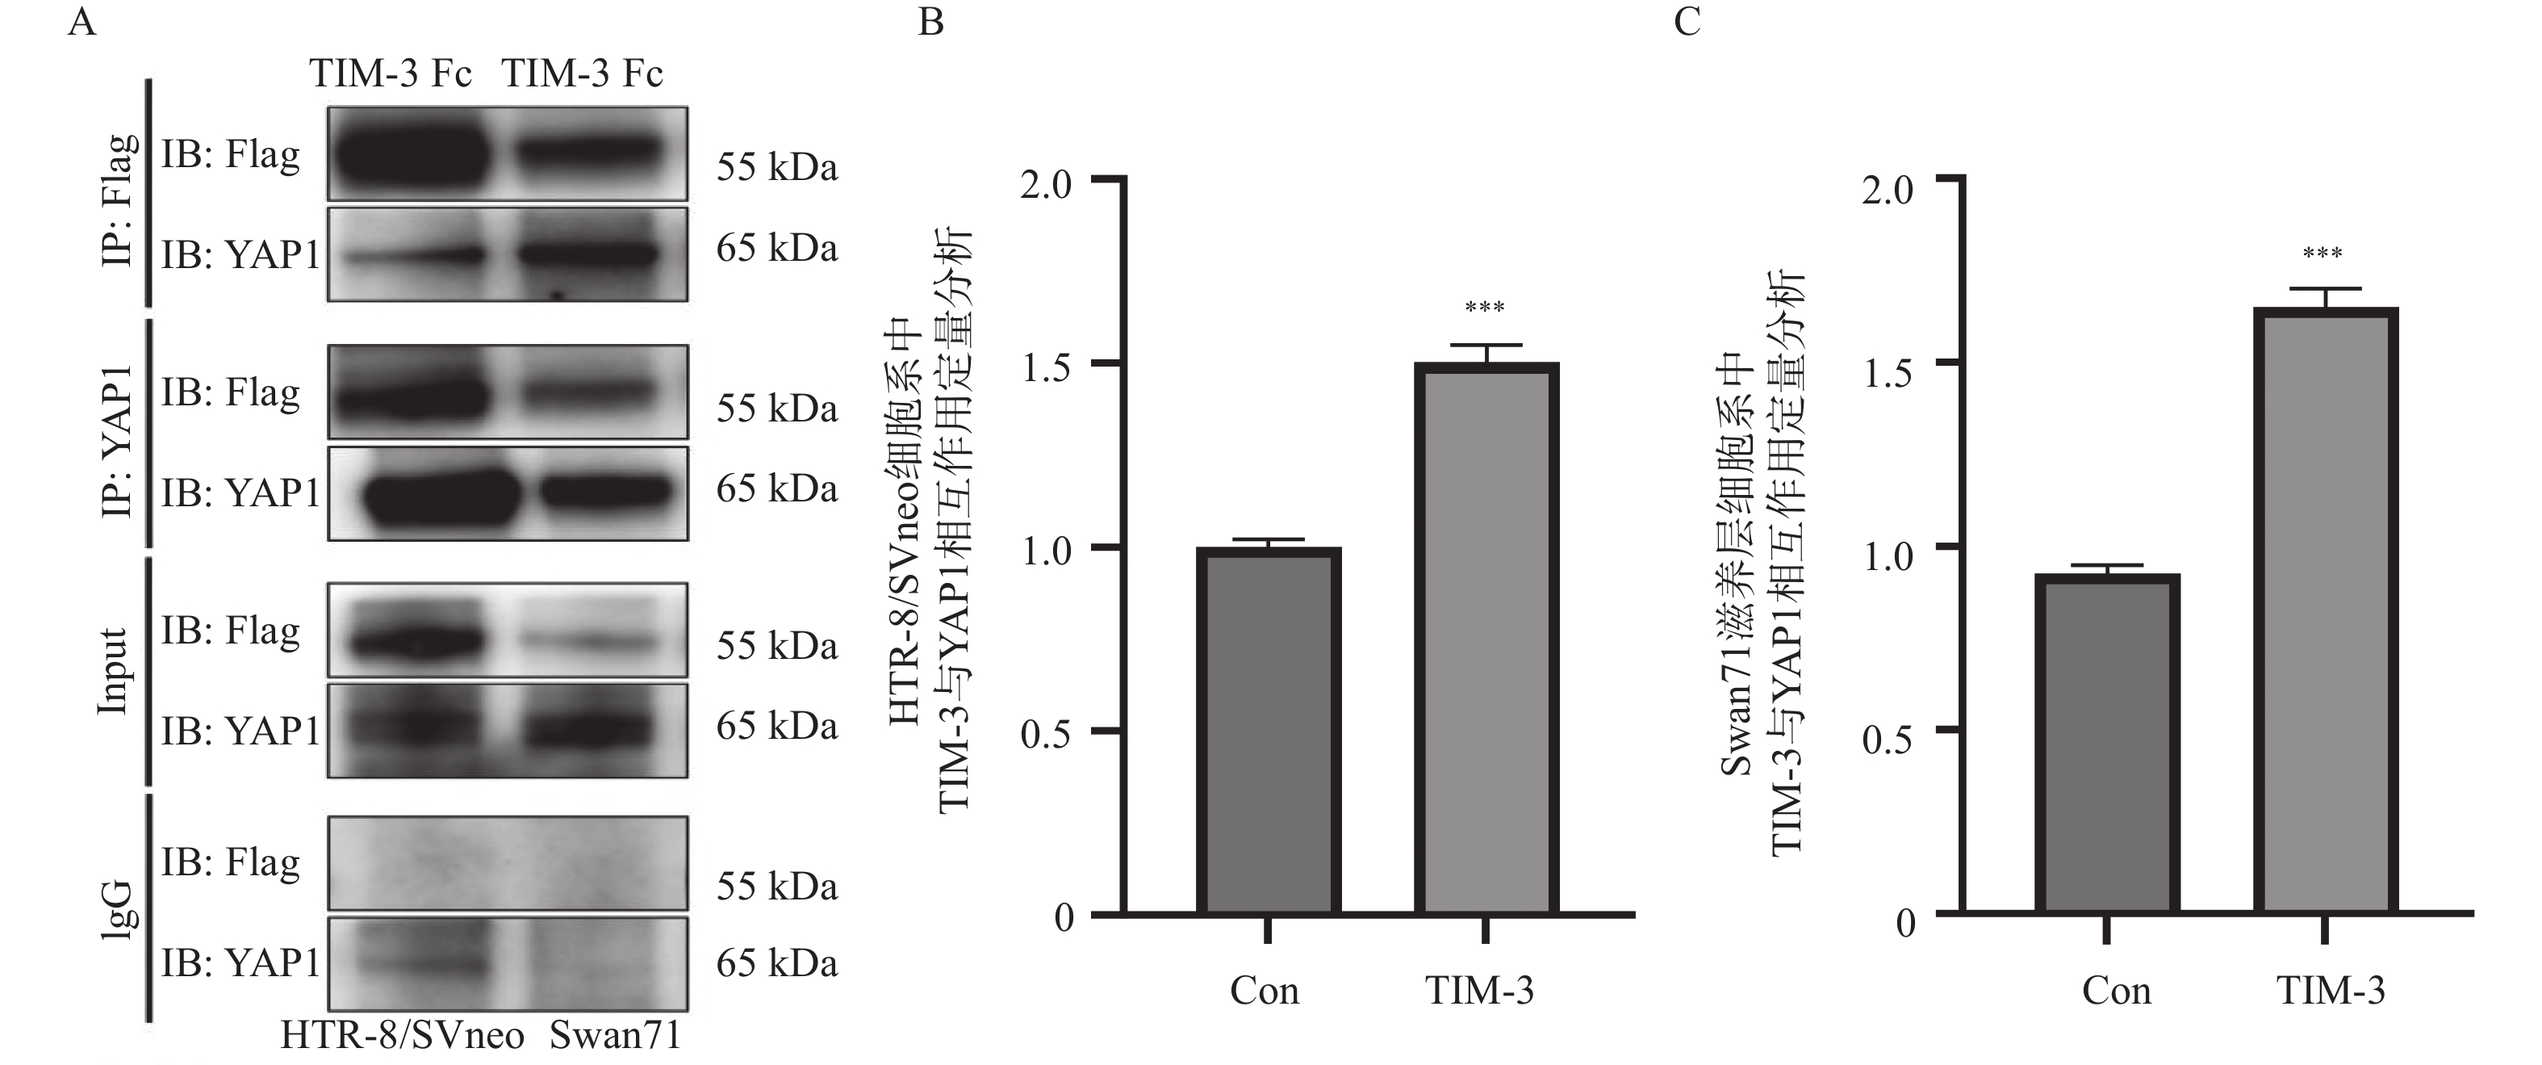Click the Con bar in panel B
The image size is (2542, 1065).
pyautogui.click(x=1268, y=731)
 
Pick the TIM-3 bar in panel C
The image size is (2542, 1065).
pyautogui.click(x=2324, y=611)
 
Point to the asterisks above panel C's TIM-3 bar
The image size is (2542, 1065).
pyautogui.click(x=2323, y=254)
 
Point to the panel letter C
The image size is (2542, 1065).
pyautogui.click(x=1687, y=22)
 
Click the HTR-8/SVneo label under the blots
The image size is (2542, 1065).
pyautogui.click(x=403, y=1037)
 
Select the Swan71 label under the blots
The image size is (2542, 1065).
pyautogui.click(x=615, y=1037)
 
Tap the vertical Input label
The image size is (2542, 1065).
pyautogui.click(x=114, y=671)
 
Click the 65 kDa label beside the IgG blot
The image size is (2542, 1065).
pyautogui.click(x=776, y=962)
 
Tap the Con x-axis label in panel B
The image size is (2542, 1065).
pyautogui.click(x=1264, y=991)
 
